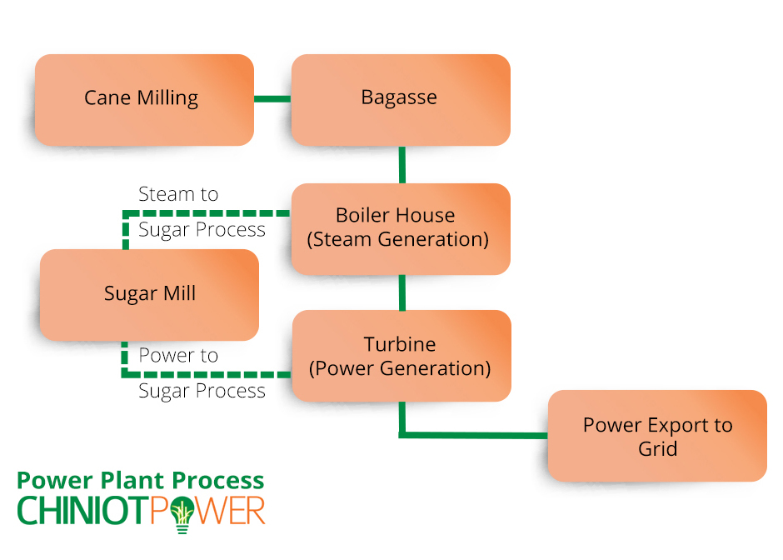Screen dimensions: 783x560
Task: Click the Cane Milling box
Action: [144, 100]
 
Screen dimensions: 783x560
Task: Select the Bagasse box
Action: [401, 100]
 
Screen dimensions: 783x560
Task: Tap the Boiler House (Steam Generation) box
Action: [401, 229]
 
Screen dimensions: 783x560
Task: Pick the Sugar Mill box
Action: [149, 295]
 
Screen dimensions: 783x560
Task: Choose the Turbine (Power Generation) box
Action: [401, 356]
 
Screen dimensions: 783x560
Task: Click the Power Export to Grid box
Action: [657, 436]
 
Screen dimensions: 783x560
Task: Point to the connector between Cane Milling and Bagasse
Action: [272, 99]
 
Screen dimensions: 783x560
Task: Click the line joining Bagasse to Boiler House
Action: [402, 165]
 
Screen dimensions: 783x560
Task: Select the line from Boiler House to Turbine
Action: [402, 292]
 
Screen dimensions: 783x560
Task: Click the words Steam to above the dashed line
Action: [178, 194]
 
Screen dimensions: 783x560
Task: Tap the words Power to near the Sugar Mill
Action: [178, 355]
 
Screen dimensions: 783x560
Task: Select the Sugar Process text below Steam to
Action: [202, 230]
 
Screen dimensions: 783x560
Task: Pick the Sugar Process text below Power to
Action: [202, 391]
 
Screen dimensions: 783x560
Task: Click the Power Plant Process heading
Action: [140, 481]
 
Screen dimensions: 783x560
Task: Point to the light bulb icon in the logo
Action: [182, 514]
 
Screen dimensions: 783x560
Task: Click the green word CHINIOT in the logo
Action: [83, 511]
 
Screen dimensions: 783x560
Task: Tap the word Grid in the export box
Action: [658, 448]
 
